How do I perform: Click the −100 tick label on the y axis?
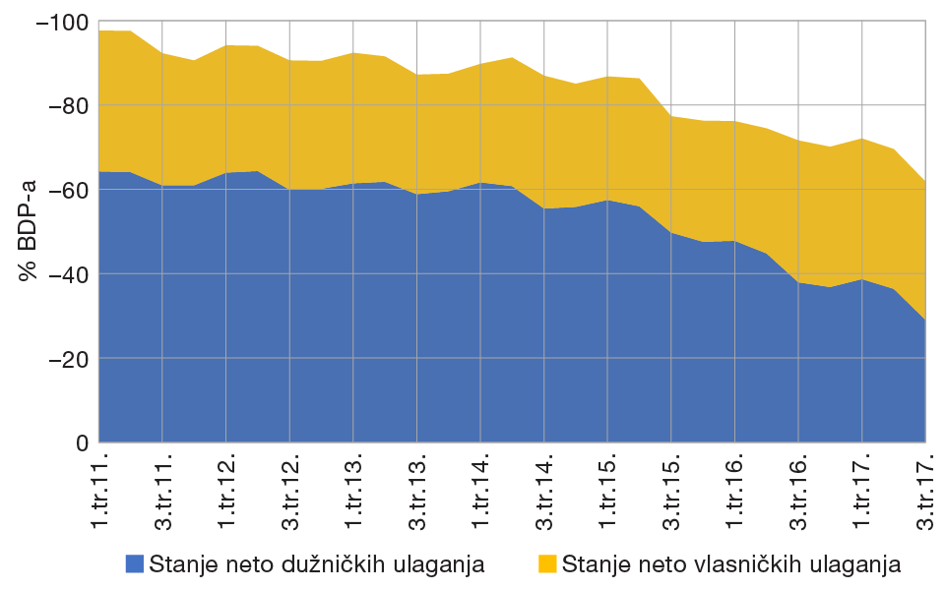(x=62, y=22)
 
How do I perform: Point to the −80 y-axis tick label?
(x=66, y=105)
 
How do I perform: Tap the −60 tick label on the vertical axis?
(x=66, y=190)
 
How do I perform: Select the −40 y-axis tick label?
(x=66, y=274)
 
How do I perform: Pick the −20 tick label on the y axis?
(x=66, y=359)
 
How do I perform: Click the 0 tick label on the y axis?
(x=83, y=443)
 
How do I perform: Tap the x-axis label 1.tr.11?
(x=100, y=490)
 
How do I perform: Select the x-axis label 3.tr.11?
(x=163, y=490)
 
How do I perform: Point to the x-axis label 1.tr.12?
(x=227, y=490)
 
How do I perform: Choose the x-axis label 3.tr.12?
(x=290, y=490)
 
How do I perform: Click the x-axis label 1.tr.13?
(x=354, y=490)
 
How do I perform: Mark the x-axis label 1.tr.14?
(x=481, y=490)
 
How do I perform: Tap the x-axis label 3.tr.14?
(x=544, y=490)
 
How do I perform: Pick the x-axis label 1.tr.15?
(x=608, y=490)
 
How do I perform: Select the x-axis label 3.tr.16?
(x=798, y=490)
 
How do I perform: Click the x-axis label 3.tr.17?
(x=925, y=490)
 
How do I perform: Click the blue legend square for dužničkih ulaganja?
(x=135, y=563)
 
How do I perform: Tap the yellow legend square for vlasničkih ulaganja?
(x=547, y=563)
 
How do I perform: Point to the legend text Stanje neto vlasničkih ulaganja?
(x=731, y=563)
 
